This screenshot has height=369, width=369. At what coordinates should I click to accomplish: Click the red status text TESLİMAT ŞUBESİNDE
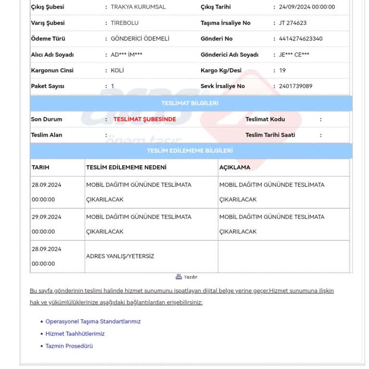click(x=145, y=119)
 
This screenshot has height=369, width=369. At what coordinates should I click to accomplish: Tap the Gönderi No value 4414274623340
click(x=301, y=38)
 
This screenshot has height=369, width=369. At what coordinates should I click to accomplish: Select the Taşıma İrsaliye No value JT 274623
click(x=293, y=23)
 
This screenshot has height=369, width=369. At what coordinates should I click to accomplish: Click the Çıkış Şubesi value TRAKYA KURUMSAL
click(x=138, y=7)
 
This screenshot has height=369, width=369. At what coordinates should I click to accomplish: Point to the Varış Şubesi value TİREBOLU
click(x=124, y=23)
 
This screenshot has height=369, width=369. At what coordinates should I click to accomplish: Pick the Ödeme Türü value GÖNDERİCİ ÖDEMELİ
click(x=140, y=38)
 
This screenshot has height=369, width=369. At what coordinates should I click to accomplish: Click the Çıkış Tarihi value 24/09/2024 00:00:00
click(x=307, y=7)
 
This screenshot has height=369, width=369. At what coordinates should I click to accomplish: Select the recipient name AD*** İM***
click(x=126, y=55)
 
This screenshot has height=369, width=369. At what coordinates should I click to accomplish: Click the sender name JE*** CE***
click(x=294, y=55)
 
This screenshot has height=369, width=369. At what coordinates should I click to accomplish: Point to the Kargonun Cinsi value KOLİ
click(x=117, y=70)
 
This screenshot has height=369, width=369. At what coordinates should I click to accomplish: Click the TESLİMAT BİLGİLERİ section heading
click(x=190, y=103)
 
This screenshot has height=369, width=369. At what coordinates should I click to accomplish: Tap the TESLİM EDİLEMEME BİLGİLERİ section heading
click(x=190, y=151)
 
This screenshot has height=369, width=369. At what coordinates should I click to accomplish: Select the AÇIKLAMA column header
click(x=235, y=167)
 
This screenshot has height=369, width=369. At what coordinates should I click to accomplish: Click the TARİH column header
click(x=40, y=167)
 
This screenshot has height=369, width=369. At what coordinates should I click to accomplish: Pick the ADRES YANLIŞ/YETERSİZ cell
click(x=120, y=256)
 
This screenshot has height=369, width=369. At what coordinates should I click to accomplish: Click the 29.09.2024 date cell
click(x=47, y=217)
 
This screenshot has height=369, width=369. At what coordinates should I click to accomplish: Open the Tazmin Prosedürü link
click(x=69, y=346)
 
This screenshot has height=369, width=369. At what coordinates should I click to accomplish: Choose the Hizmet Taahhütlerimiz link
click(x=75, y=333)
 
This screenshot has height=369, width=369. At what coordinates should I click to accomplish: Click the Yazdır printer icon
click(x=179, y=277)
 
